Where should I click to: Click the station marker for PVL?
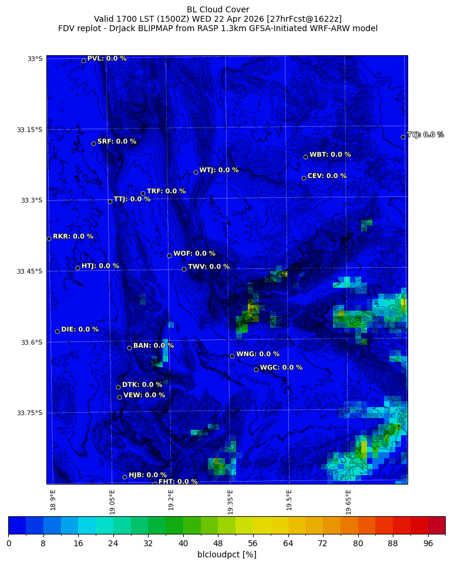click(x=83, y=60)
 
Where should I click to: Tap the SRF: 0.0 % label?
click(x=116, y=142)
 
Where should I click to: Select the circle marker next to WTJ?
click(x=196, y=172)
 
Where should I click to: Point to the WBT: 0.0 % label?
click(x=330, y=155)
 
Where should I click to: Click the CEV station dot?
click(x=304, y=178)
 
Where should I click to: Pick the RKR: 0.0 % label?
click(x=73, y=237)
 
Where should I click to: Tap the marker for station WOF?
click(x=169, y=255)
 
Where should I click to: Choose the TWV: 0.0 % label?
click(x=208, y=267)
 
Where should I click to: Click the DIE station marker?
click(x=57, y=331)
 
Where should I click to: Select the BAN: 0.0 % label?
click(x=153, y=346)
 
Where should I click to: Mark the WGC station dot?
click(x=256, y=369)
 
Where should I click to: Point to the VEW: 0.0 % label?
click(x=144, y=395)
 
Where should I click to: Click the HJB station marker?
click(x=124, y=477)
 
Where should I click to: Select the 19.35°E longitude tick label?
click(x=230, y=502)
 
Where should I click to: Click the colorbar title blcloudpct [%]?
click(x=227, y=554)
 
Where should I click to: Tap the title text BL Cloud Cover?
click(x=218, y=9)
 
